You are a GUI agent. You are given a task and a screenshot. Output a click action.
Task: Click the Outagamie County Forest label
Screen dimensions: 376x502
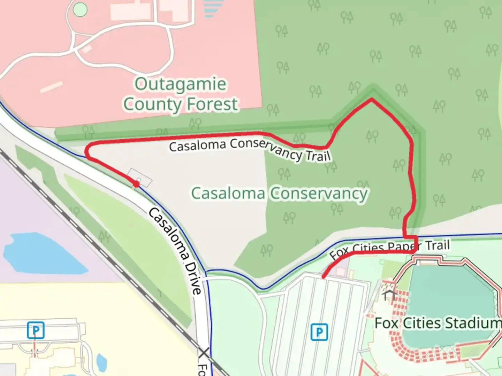pyautogui.click(x=181, y=94)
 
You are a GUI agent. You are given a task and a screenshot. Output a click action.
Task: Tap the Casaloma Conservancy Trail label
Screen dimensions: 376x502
pyautogui.click(x=250, y=149)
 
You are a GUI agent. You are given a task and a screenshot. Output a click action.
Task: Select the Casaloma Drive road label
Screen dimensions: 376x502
pyautogui.click(x=175, y=251)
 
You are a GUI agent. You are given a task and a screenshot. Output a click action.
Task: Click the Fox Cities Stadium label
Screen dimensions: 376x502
pyautogui.click(x=438, y=323)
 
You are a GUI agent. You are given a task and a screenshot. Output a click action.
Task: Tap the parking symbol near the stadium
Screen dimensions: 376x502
pyautogui.click(x=319, y=332)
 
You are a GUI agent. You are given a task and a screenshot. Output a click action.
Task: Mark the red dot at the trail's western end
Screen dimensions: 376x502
pyautogui.click(x=136, y=183)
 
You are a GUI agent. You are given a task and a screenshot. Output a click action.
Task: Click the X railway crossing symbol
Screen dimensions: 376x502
pyautogui.click(x=204, y=353)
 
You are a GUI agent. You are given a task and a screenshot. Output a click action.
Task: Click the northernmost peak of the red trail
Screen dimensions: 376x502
pyautogui.click(x=372, y=99)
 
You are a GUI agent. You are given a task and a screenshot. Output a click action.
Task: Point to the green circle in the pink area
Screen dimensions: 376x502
pyautogui.click(x=80, y=9)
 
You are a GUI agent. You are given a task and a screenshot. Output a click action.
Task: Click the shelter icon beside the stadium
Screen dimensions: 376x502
pyautogui.click(x=389, y=296)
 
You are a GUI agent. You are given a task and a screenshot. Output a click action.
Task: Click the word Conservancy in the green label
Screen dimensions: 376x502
pyautogui.click(x=319, y=194)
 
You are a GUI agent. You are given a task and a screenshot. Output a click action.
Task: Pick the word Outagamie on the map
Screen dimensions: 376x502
pyautogui.click(x=181, y=84)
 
